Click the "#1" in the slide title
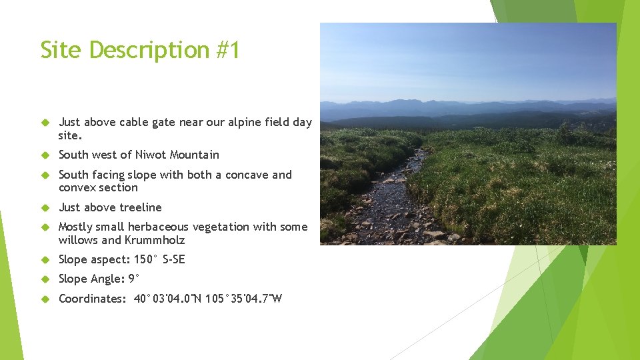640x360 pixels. [x=227, y=50]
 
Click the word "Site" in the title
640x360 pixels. [x=61, y=50]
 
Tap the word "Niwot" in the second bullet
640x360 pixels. [x=151, y=155]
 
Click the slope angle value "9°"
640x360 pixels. [x=134, y=279]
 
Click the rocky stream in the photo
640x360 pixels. [x=400, y=200]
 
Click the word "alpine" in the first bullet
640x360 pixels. [x=245, y=122]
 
